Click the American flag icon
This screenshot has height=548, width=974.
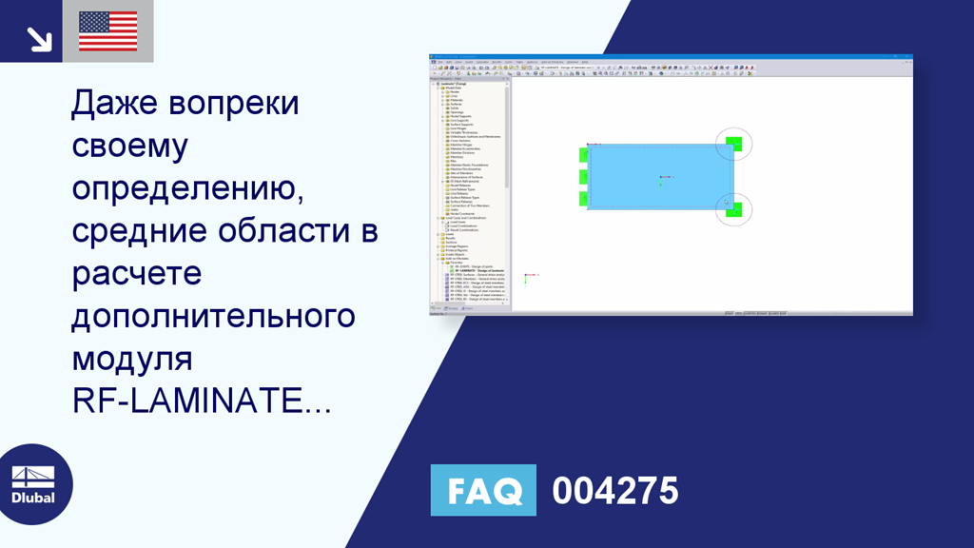[x=107, y=31]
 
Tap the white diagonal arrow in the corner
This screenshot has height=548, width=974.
[x=38, y=38]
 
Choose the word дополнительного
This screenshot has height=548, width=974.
[x=213, y=317]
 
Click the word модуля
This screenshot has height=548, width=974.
[x=131, y=360]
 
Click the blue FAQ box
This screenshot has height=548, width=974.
[x=483, y=491]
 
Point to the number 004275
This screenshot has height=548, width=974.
[x=615, y=491]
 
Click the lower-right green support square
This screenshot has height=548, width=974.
[x=733, y=208]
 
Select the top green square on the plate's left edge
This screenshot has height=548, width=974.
[x=583, y=154]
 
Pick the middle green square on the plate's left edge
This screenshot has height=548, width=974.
[x=583, y=176]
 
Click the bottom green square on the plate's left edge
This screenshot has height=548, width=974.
[x=583, y=198]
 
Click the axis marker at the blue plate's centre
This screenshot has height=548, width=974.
[x=661, y=177]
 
